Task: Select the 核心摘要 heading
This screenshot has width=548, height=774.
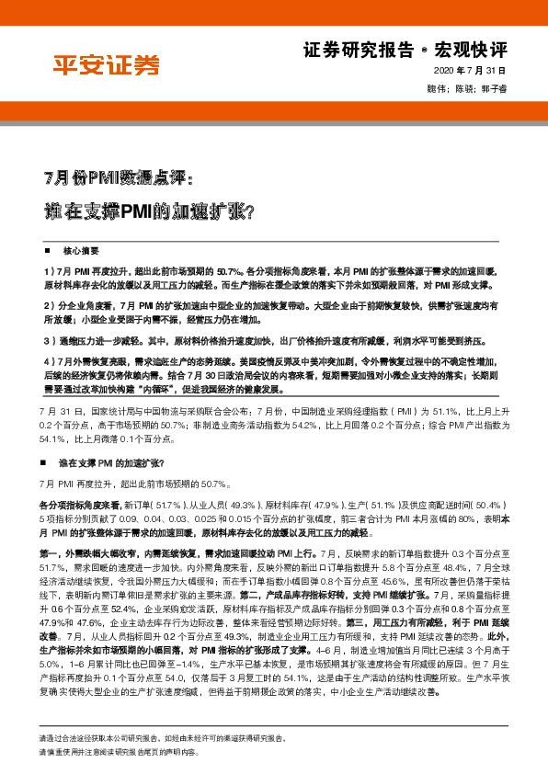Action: coord(81,250)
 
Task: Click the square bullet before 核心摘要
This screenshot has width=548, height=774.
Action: coord(47,250)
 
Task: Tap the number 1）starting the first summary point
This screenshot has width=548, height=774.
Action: coord(49,273)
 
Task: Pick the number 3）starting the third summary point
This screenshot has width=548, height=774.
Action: coord(49,339)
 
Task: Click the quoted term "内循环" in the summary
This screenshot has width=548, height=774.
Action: coord(178,388)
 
